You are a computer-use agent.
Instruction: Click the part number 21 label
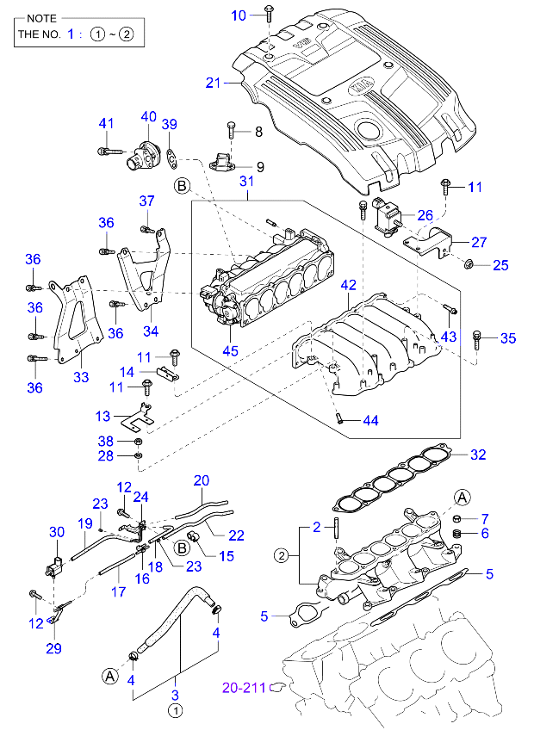pos(214,83)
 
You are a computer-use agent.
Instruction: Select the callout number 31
pos(247,181)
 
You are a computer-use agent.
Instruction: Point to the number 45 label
pos(229,350)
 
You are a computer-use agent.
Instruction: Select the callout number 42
pos(348,285)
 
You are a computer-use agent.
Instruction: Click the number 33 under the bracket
pos(80,376)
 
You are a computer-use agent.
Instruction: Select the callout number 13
pos(103,417)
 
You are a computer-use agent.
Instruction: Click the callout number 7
pos(485,518)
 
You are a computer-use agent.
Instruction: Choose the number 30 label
pos(56,532)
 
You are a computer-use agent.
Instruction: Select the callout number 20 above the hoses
pos(202,480)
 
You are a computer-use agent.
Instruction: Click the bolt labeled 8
pos(231,130)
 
